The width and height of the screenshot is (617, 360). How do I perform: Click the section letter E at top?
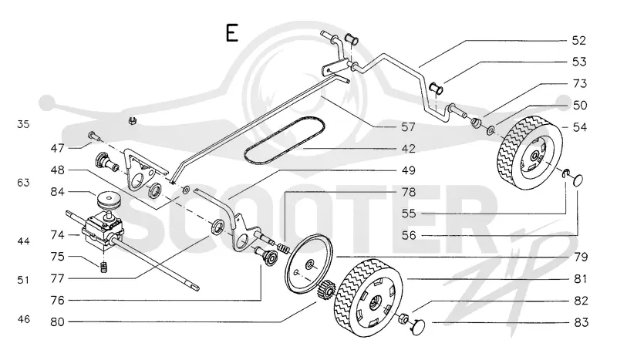pos(232,32)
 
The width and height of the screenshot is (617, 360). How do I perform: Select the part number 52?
pos(579,41)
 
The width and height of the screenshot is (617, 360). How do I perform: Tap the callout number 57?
pos(408,126)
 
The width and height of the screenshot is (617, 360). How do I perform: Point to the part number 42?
pos(408,148)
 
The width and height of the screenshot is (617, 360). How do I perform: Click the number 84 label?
pos(57,192)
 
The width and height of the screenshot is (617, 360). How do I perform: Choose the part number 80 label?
pos(57,321)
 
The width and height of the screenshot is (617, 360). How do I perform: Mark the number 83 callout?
pos(581,322)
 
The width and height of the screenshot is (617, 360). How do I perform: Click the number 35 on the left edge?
pos(23,124)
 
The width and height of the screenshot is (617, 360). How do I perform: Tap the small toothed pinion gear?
pos(325,291)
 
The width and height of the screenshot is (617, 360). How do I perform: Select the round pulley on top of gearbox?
pos(106,200)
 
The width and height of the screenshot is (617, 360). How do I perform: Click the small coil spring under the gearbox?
pos(104,267)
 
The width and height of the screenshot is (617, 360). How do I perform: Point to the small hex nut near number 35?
pos(133,121)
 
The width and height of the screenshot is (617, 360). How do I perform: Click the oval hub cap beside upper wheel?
pos(578,180)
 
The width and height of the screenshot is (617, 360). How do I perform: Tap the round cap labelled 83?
pos(418,327)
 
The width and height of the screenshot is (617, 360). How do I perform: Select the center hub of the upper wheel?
pos(534,157)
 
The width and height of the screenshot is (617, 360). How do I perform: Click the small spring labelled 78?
pos(284,249)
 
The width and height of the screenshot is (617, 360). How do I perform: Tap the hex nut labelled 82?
pos(403,318)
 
